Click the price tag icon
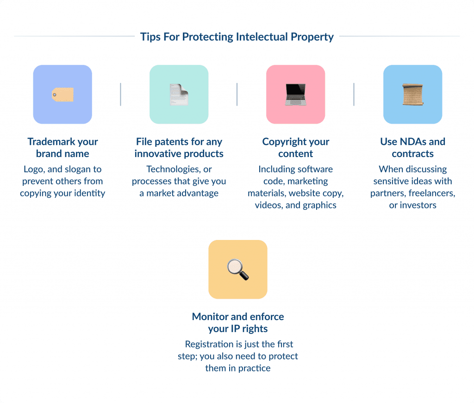click(x=62, y=94)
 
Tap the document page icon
click(x=179, y=94)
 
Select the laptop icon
click(x=295, y=94)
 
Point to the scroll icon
click(x=412, y=94)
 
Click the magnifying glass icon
click(x=238, y=270)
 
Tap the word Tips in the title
click(x=150, y=37)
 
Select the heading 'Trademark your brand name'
click(x=62, y=148)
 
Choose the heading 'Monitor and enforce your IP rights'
click(x=238, y=323)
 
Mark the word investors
click(x=418, y=205)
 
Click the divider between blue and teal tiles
click(x=120, y=94)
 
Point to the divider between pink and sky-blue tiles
click(x=354, y=94)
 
